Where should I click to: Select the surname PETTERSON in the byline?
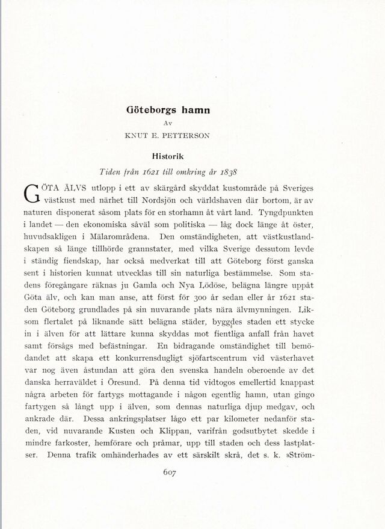click(x=186, y=135)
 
